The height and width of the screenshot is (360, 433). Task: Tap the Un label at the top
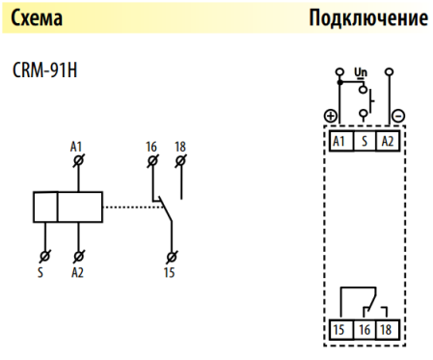point(362,72)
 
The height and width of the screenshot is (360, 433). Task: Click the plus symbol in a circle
point(331,116)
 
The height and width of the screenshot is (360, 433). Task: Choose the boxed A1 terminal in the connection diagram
point(338,141)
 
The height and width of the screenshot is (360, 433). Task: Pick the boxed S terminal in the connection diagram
point(363,141)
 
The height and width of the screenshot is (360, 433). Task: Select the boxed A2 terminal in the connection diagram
point(387,141)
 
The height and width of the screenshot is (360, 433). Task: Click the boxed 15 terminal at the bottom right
point(338,329)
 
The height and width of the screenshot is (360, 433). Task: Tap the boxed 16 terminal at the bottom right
point(363,329)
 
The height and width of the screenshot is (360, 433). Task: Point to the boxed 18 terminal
point(387,329)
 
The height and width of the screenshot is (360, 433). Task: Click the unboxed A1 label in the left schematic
point(77,146)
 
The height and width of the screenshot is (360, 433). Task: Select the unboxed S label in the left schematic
point(42,273)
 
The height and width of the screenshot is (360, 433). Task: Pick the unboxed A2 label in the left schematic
point(78,273)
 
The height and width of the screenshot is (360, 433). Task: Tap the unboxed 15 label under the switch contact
point(173,273)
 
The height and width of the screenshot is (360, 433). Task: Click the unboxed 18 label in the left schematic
point(180,146)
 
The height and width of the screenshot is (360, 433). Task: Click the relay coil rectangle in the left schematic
point(68,207)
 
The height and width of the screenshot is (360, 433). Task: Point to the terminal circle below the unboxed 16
point(151,159)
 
